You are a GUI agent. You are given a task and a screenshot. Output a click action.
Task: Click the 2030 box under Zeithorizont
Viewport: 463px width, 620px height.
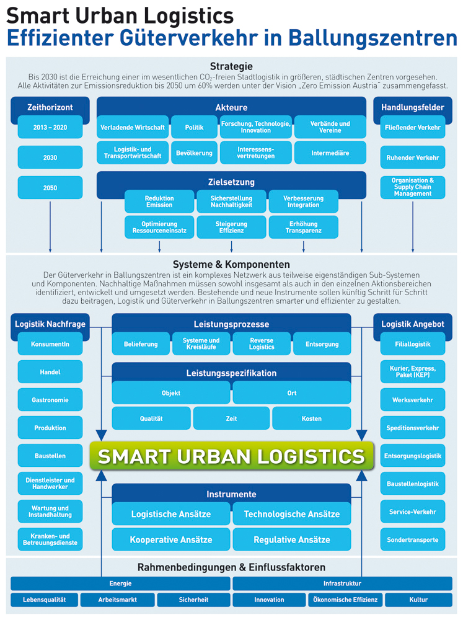(x=50, y=157)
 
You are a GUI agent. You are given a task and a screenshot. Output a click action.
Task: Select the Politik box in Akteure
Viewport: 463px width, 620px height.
(x=194, y=127)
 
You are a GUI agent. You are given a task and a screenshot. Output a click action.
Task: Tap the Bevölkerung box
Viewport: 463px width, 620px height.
(x=194, y=153)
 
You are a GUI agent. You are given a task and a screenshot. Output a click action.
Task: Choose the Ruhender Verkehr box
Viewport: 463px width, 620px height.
(x=412, y=157)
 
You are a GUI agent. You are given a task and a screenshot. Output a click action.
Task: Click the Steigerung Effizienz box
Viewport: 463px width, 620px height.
(x=231, y=228)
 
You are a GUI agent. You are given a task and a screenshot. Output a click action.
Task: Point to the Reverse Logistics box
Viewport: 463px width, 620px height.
(x=262, y=344)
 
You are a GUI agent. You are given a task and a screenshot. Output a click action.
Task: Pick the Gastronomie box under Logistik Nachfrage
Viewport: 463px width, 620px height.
(x=50, y=400)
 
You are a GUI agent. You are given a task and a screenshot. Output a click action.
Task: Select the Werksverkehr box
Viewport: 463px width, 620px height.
(x=412, y=400)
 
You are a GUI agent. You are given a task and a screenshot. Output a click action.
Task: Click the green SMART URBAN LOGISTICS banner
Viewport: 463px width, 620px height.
(x=231, y=456)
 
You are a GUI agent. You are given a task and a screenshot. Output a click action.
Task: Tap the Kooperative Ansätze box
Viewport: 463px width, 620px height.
(x=171, y=539)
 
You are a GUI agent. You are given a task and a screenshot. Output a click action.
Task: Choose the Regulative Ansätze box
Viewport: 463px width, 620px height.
(x=292, y=539)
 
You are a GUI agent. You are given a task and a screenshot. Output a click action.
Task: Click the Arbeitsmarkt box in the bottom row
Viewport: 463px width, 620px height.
(x=117, y=600)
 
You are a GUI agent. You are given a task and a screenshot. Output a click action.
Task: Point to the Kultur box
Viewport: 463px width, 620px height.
(x=418, y=600)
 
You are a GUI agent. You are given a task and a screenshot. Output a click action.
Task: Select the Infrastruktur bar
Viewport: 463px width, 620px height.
(x=342, y=583)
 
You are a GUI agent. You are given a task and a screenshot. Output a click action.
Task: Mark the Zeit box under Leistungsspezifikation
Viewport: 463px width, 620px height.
(x=231, y=418)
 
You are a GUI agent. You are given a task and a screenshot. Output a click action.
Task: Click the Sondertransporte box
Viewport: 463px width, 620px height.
(x=412, y=539)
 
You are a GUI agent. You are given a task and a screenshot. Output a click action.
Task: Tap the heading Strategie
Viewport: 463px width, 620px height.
(x=231, y=66)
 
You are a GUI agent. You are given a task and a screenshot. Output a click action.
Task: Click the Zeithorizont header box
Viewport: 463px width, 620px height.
(x=50, y=107)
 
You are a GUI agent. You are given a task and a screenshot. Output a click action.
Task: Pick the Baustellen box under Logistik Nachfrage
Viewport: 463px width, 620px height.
(x=50, y=456)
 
